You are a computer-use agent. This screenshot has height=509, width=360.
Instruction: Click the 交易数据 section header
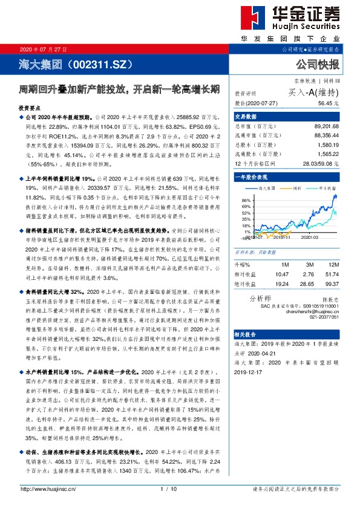(x=246, y=117)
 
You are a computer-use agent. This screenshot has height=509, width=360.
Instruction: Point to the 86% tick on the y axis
(x=246, y=200)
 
